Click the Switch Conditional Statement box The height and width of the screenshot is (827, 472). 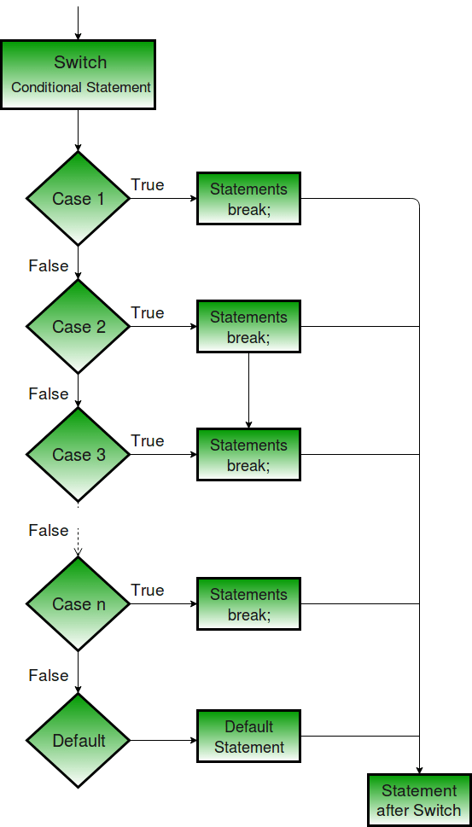78,74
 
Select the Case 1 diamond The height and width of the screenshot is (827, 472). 78,199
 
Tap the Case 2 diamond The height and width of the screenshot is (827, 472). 78,327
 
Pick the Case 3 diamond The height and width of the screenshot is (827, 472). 78,455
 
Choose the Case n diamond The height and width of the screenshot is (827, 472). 78,604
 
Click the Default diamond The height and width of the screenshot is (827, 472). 78,741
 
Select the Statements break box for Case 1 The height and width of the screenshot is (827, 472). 248,199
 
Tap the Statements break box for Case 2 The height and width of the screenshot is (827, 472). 248,327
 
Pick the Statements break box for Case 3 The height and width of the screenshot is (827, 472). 248,455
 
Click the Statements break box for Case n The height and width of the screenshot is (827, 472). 248,604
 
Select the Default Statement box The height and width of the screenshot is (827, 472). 248,737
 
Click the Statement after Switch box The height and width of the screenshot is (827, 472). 419,801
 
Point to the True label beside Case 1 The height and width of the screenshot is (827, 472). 147,185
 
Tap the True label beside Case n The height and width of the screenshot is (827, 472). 147,591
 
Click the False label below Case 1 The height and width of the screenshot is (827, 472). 48,266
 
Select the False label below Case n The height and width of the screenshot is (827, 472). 48,676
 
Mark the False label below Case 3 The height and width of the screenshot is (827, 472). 48,531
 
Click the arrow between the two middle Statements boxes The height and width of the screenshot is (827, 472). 248,390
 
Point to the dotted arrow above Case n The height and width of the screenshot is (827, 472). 78,542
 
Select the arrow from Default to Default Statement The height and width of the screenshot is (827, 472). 162,741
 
